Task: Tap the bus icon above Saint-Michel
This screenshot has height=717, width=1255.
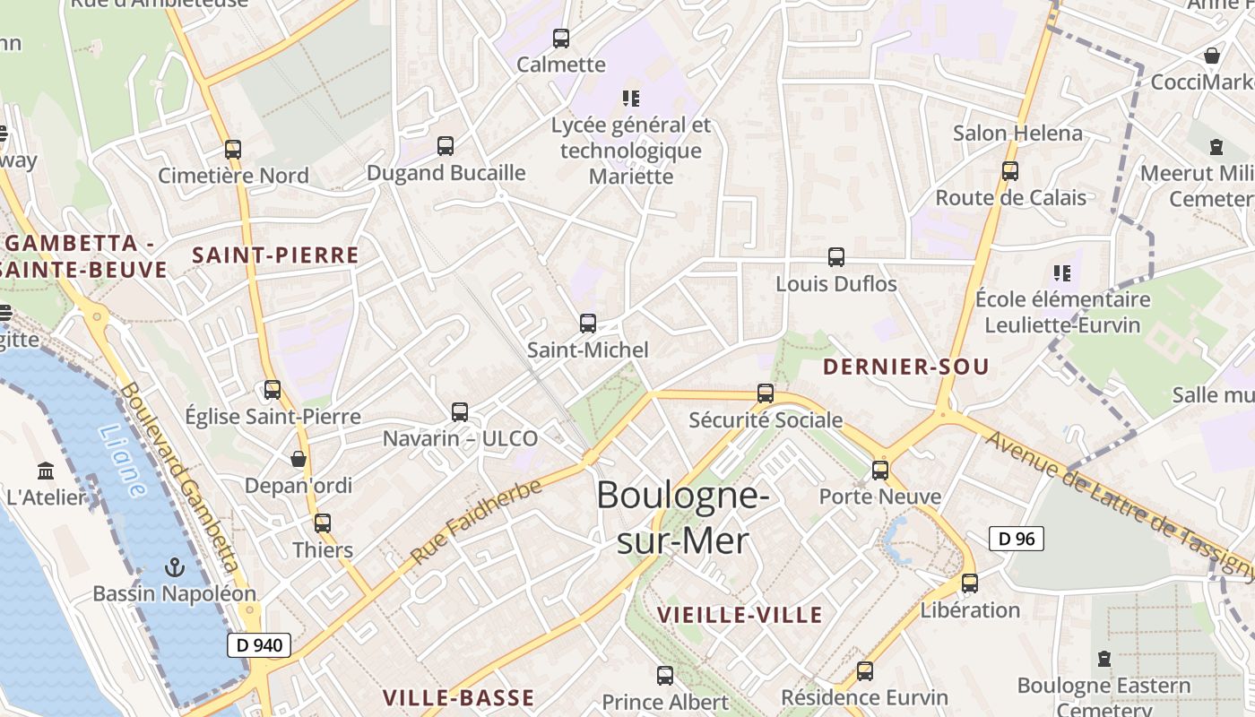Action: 588,324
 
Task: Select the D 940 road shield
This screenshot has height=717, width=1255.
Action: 259,644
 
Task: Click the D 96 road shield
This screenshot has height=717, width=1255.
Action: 1016,539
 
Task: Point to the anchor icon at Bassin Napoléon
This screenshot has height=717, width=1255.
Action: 175,567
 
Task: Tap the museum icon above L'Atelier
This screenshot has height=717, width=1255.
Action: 46,471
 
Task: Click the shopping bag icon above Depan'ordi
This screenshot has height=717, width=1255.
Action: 299,459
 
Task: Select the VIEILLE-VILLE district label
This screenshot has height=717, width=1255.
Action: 740,615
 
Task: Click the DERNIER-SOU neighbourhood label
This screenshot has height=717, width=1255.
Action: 905,367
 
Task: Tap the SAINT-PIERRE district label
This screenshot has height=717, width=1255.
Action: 275,255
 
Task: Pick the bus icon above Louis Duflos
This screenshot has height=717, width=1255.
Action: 836,257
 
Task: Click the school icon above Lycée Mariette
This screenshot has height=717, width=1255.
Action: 630,98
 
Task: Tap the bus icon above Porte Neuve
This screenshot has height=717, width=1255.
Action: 880,470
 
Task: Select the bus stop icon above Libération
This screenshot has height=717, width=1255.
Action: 970,583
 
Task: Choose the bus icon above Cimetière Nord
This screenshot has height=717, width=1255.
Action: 233,150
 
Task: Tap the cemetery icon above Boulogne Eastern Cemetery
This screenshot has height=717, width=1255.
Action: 1104,660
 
